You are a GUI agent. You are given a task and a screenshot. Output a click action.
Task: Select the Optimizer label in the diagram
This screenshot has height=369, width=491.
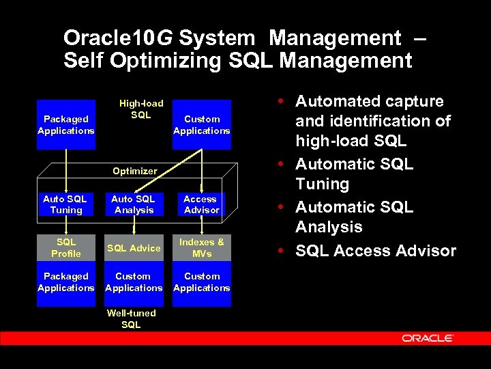(x=134, y=171)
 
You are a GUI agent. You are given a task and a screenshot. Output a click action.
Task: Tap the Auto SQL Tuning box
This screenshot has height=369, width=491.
(x=65, y=204)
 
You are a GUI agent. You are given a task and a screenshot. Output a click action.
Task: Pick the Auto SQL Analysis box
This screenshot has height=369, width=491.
(x=134, y=204)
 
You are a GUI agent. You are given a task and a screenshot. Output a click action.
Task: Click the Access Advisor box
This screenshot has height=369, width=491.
(x=201, y=204)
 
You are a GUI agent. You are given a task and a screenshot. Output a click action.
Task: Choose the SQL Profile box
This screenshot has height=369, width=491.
(x=65, y=247)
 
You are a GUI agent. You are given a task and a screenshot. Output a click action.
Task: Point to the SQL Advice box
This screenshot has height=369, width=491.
(x=134, y=248)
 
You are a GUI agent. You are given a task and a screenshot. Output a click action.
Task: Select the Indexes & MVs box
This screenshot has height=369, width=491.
(x=201, y=247)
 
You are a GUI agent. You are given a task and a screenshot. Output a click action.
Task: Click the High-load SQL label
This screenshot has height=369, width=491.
(x=141, y=109)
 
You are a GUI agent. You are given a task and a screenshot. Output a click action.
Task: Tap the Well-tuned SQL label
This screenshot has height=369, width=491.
(x=131, y=319)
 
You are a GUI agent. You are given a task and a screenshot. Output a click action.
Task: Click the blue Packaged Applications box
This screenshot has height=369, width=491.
(x=66, y=124)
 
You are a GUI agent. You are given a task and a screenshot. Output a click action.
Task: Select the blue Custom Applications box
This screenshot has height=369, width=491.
(x=202, y=124)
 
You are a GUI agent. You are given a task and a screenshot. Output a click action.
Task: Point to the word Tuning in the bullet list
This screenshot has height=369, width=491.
(x=322, y=184)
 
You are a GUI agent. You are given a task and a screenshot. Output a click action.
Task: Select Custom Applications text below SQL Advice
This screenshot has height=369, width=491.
(x=134, y=282)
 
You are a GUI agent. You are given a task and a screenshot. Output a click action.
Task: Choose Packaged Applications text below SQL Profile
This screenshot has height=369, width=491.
(x=65, y=282)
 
